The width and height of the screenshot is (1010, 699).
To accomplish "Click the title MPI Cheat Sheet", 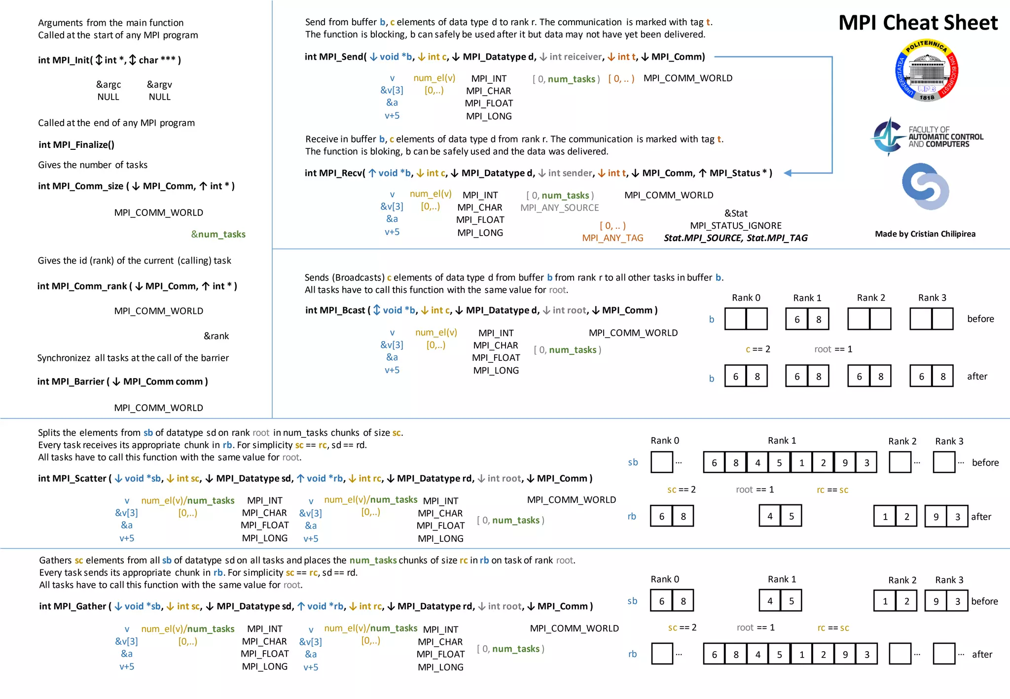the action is (x=918, y=23).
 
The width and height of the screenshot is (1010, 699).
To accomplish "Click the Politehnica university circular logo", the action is (x=927, y=70).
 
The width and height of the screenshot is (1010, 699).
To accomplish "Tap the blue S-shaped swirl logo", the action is (x=925, y=186).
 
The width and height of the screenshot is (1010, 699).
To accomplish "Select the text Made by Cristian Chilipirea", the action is (x=925, y=234).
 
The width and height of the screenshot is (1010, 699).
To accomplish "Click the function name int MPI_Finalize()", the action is (x=76, y=144).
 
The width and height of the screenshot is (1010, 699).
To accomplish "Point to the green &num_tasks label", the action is (x=218, y=234).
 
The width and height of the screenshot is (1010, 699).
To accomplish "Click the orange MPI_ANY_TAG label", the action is (x=613, y=238).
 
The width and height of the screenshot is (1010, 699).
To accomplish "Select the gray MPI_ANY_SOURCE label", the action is (x=559, y=208).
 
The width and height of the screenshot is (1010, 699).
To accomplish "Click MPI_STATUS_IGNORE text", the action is (x=736, y=226).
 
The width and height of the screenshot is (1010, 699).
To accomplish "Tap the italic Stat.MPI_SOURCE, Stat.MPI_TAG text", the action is (x=735, y=238).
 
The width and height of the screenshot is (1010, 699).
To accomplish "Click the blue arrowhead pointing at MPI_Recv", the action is (x=788, y=173).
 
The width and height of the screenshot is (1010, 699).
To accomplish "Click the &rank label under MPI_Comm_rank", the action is (x=216, y=336).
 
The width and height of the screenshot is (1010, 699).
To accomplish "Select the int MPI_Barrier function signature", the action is (x=122, y=382).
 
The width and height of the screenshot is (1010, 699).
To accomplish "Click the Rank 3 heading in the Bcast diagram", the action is (x=932, y=298).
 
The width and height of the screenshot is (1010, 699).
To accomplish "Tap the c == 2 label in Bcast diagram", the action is (x=757, y=349).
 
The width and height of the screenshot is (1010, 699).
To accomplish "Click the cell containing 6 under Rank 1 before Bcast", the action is (x=797, y=319).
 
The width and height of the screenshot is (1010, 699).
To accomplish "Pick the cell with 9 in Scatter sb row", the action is (x=845, y=463).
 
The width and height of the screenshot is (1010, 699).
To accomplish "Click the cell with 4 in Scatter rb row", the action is (x=770, y=516).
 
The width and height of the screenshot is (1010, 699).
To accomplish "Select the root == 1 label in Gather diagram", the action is (x=756, y=628).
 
